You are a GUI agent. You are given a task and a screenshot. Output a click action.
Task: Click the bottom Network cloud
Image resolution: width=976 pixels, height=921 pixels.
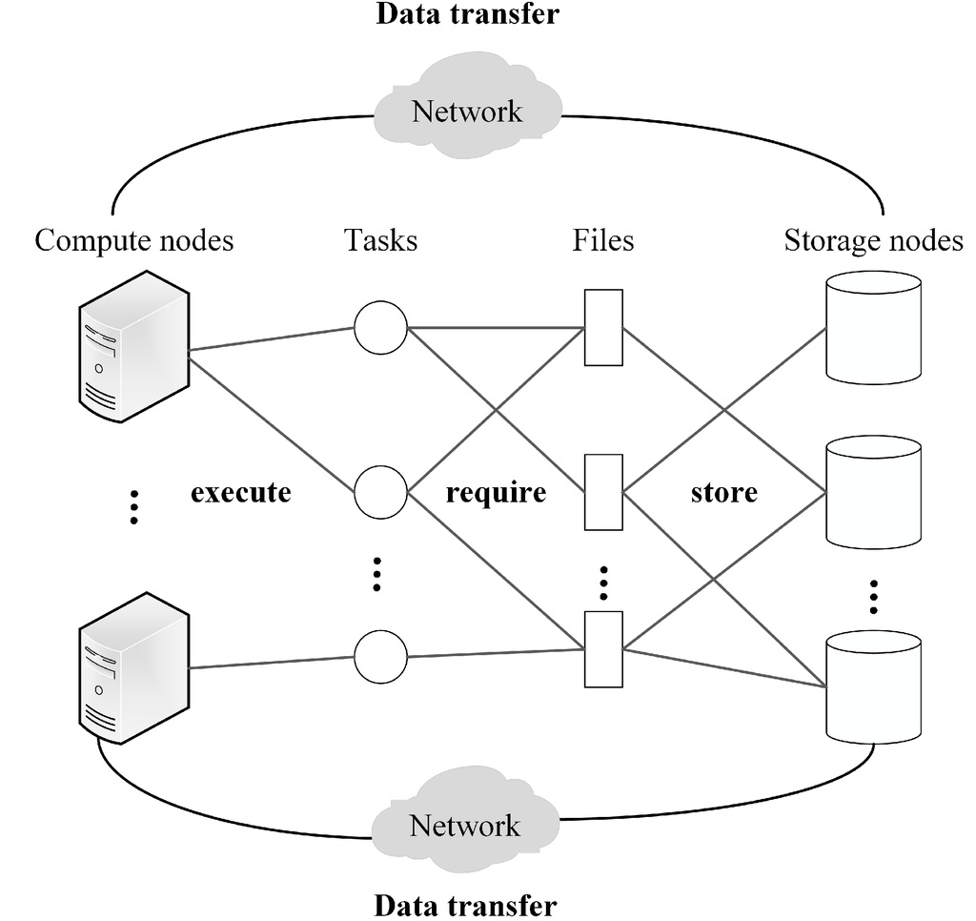465,824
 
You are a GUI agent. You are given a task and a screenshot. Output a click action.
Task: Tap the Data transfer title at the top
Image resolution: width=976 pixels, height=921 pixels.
466,14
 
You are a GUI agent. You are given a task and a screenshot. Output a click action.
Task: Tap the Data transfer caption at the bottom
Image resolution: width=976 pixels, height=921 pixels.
465,904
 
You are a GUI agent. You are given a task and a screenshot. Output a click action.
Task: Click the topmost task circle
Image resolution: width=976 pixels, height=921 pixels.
380,328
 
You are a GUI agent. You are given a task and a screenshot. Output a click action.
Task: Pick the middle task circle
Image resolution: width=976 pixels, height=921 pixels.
380,493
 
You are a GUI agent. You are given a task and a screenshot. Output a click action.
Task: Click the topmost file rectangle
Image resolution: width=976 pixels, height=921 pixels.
603,327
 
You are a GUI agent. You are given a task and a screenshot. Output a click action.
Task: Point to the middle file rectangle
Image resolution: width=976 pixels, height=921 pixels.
603,492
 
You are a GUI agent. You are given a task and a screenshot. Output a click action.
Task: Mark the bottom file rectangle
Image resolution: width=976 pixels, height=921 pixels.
603,649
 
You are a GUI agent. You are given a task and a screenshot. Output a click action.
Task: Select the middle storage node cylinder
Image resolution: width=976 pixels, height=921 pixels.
873,492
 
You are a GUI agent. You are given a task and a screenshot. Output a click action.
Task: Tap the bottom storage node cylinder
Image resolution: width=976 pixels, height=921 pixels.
873,686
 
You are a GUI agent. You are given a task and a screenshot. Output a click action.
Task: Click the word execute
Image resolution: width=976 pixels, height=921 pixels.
240,493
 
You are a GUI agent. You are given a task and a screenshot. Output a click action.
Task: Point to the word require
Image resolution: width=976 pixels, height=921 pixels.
496,493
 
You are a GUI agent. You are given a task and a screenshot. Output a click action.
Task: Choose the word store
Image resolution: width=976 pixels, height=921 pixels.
724,493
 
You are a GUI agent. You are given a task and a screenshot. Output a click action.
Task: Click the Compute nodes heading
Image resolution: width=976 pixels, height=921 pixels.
134,240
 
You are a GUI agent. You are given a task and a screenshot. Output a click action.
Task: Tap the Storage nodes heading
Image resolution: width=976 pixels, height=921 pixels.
873,240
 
